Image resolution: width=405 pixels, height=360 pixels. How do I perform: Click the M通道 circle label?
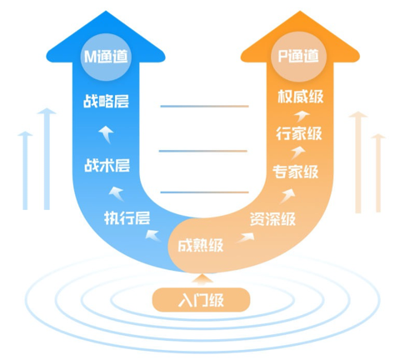106,57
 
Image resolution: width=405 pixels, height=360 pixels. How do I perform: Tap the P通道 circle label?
298,57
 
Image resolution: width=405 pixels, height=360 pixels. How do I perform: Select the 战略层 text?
106,101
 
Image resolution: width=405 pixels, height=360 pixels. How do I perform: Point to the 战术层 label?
107,166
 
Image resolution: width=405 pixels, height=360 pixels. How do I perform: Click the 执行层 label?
127,217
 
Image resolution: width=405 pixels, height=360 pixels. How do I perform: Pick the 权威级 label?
301,97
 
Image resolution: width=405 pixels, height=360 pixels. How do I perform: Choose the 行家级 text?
299,133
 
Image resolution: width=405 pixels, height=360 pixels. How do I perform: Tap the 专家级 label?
295,172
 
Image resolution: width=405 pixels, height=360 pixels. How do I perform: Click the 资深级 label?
272,219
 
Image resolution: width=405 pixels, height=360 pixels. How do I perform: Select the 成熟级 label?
200,245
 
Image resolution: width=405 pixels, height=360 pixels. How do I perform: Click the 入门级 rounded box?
201,300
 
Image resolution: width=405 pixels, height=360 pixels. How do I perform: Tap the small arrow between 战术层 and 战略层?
107,134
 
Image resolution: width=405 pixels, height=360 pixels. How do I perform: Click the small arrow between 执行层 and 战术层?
117,193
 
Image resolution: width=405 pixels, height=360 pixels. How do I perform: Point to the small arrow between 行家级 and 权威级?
302,116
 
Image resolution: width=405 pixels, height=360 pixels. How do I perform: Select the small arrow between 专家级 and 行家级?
298,152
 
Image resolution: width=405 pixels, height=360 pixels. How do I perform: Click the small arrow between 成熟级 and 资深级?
246,237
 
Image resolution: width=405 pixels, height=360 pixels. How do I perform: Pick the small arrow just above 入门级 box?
202,279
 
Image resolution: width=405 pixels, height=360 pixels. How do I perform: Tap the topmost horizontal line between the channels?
204,106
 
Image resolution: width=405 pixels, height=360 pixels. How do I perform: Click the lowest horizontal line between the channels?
204,192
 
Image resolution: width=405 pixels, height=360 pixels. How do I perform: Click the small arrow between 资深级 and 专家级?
287,196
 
